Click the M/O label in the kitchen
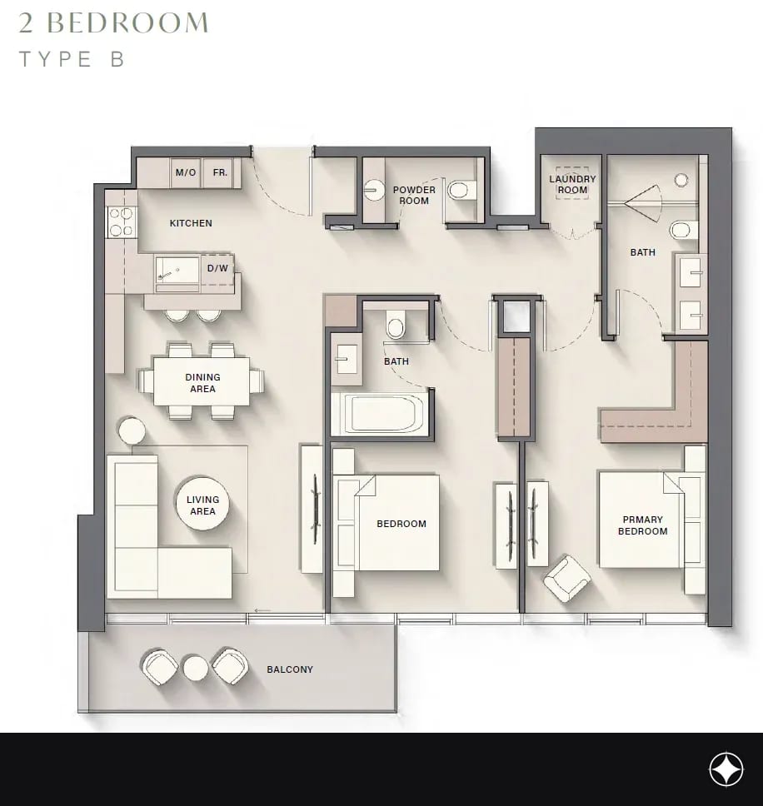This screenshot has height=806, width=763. (186, 172)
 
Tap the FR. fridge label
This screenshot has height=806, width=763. (220, 172)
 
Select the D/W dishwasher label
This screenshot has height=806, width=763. (217, 268)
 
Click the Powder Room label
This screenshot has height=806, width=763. (414, 196)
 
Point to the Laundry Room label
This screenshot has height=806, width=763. (572, 184)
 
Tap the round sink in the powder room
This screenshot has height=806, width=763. (374, 190)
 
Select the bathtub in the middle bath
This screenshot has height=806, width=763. (380, 415)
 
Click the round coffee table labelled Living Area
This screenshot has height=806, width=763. (202, 505)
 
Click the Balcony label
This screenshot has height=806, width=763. (290, 669)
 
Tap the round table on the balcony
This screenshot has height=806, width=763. (196, 669)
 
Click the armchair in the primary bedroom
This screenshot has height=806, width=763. (567, 578)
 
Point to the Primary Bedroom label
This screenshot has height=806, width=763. (643, 525)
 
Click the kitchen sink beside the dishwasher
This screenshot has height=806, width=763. (177, 270)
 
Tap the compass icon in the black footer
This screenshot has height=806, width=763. (726, 769)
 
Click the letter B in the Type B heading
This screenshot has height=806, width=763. (117, 59)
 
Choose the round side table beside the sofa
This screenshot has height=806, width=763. (132, 430)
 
